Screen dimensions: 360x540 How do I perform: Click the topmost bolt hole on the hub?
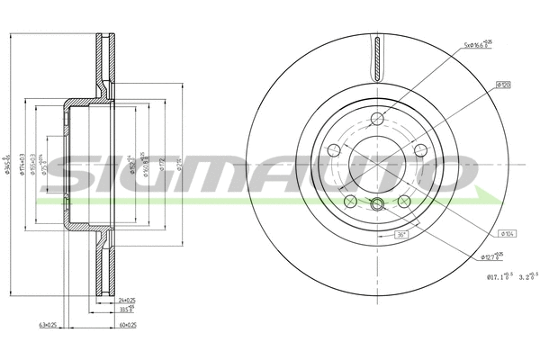click(x=377, y=117)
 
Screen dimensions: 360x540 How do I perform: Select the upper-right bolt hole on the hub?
click(x=419, y=148)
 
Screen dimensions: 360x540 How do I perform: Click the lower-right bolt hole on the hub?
click(x=404, y=200)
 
